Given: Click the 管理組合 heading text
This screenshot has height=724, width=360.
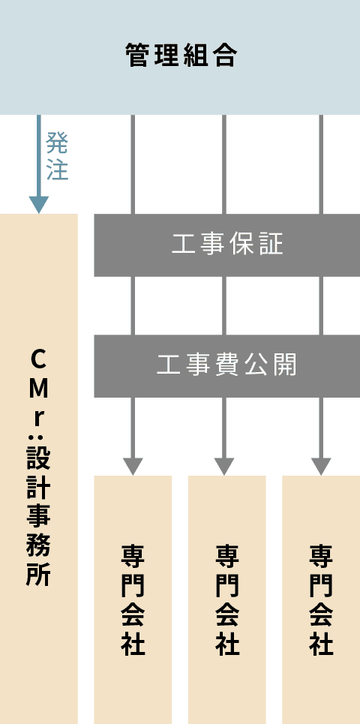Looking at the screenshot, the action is (181, 56).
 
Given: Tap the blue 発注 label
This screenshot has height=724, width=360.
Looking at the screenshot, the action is (57, 155).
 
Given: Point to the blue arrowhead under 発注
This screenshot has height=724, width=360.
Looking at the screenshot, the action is (39, 205).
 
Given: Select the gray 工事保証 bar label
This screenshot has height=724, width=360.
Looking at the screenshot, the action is (227, 245).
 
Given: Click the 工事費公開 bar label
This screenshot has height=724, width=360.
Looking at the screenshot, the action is (227, 365).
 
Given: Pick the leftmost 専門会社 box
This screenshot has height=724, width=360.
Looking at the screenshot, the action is (133, 599).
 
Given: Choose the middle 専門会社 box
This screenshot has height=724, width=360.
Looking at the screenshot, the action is (227, 599).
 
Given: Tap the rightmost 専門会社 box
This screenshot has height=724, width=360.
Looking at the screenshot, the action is (321, 599).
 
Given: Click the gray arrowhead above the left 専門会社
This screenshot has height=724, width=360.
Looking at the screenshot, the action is (133, 467).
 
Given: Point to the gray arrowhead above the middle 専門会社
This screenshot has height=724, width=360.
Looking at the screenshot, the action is (224, 467).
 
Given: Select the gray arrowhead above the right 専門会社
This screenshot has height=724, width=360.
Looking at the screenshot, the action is (321, 467).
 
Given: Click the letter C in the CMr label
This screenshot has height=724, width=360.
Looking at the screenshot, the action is (39, 361).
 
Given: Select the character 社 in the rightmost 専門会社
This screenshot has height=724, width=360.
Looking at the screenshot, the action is (321, 644).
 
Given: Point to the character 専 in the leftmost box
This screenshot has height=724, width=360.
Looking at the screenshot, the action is (133, 557).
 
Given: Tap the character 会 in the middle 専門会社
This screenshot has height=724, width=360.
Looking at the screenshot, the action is (227, 614).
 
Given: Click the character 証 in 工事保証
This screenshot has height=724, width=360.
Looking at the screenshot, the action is (271, 245).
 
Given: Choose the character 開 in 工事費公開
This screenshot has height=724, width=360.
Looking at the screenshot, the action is (285, 365).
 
